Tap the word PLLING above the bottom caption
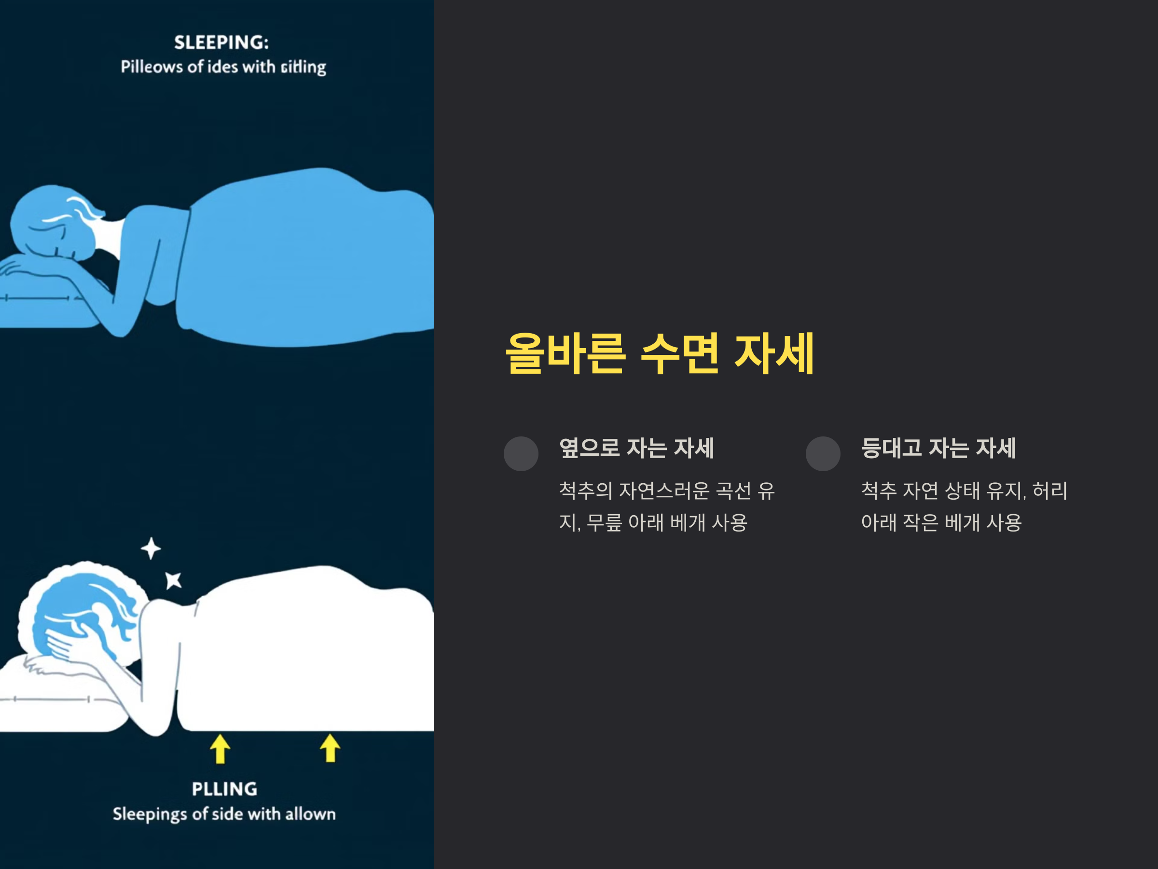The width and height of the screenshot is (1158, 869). pyautogui.click(x=224, y=789)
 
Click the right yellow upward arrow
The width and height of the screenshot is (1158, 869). pyautogui.click(x=330, y=748)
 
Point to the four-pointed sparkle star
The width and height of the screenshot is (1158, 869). pyautogui.click(x=151, y=548)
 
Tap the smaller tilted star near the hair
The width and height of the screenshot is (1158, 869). pyautogui.click(x=173, y=580)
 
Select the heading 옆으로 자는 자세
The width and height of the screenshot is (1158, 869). pyautogui.click(x=636, y=449)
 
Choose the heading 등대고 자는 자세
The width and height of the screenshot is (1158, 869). pyautogui.click(x=938, y=449)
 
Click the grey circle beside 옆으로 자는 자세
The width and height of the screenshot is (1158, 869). pyautogui.click(x=521, y=454)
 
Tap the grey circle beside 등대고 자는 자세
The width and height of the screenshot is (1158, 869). pyautogui.click(x=823, y=454)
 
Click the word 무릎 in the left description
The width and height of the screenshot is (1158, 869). pyautogui.click(x=604, y=523)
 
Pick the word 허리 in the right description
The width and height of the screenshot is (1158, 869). pyautogui.click(x=1049, y=491)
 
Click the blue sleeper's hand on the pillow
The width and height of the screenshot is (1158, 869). pyautogui.click(x=21, y=265)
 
